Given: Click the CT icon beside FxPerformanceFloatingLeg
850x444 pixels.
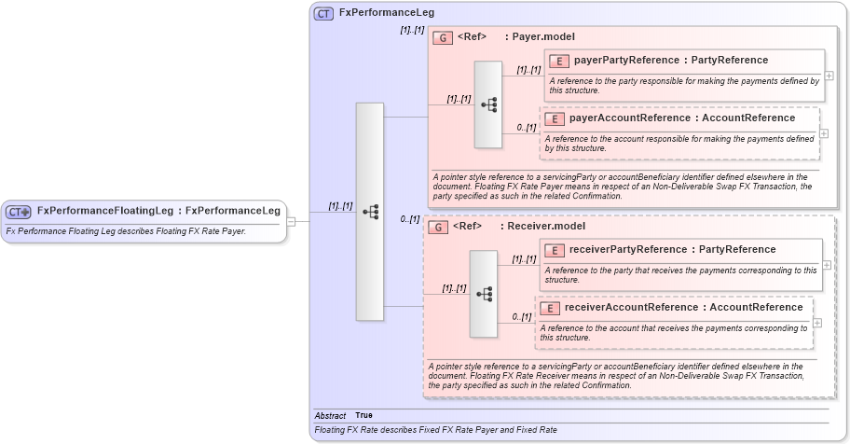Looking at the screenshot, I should point(19,212).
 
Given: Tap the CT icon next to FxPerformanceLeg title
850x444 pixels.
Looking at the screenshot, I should point(323,13).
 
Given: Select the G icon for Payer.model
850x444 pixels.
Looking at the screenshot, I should point(444,37).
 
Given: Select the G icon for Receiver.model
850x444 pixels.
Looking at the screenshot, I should point(439,227).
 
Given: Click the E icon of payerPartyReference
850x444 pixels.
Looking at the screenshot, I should point(559,61).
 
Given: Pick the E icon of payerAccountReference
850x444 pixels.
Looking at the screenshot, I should point(555,118).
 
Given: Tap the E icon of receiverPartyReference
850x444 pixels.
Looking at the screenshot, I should point(555,250).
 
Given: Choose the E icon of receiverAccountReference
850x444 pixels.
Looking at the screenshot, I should point(550,308).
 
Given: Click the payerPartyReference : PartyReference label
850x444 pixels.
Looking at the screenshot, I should point(671,61).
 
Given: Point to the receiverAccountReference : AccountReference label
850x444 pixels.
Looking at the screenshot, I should point(683,308).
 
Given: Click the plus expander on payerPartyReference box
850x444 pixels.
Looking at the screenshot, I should point(829,76).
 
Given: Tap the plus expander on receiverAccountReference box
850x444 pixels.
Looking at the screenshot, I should point(817,323).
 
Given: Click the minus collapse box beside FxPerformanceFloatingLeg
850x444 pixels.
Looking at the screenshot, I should point(292,222).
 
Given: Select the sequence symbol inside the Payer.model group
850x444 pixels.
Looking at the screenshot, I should point(488,104).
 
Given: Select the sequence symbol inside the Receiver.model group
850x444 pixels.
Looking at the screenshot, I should point(484,294).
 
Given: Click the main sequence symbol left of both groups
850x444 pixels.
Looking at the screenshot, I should point(370,212).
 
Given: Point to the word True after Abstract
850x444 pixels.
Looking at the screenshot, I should point(363,415).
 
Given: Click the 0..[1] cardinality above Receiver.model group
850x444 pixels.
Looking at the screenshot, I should point(410,219).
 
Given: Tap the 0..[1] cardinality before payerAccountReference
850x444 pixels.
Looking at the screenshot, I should point(527,128).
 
